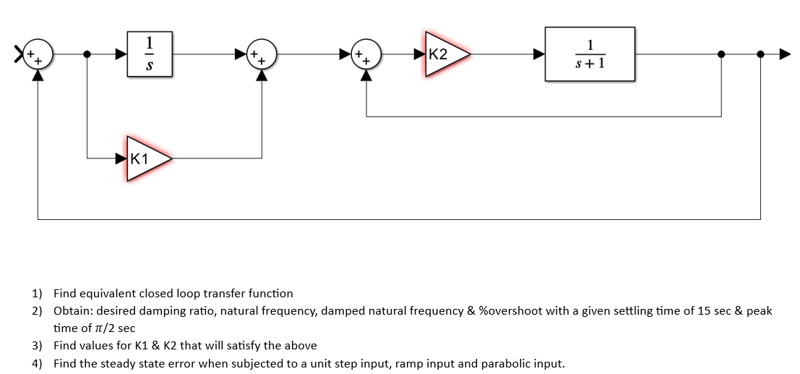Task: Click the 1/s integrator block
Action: pos(150,54)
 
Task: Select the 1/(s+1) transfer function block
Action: pos(590,54)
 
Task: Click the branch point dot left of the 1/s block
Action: pos(87,54)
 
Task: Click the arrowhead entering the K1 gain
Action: pos(121,157)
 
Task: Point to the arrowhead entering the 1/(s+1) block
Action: pos(539,54)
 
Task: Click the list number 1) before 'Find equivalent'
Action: pos(37,294)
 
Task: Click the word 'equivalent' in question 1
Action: pos(108,294)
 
